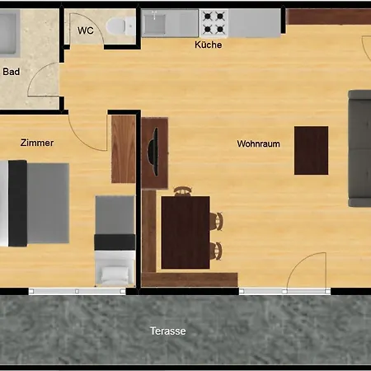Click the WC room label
click(86, 31)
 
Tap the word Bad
click(12, 72)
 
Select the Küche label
click(208, 45)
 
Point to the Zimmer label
click(37, 143)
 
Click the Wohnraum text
click(258, 143)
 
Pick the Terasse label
click(167, 331)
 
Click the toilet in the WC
click(121, 26)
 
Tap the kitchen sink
click(155, 24)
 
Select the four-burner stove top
click(214, 23)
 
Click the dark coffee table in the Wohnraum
click(311, 150)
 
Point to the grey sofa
click(359, 148)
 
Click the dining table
click(185, 232)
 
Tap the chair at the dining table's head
click(182, 191)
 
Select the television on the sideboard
click(153, 152)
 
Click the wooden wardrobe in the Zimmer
click(124, 149)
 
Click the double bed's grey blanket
click(48, 203)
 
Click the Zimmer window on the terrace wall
click(77, 291)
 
